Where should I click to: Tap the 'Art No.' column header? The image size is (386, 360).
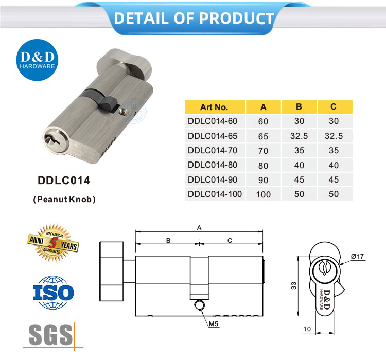214,107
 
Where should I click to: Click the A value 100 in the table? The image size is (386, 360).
264,194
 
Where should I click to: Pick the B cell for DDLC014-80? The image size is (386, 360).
299,165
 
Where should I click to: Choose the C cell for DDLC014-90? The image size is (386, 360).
334,179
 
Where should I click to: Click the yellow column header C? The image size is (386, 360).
334,107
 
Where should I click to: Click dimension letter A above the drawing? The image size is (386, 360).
199,227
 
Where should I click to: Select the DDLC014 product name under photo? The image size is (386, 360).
64,181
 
